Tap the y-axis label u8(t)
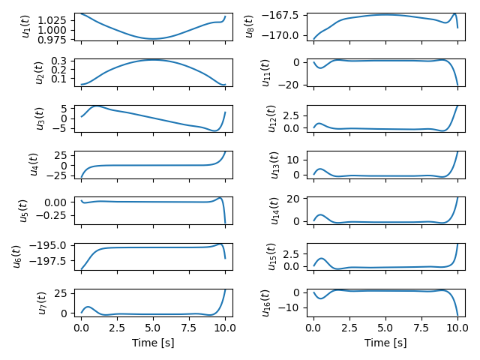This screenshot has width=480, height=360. (250, 26)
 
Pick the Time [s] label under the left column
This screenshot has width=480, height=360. (153, 343)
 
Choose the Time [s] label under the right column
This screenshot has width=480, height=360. (385, 343)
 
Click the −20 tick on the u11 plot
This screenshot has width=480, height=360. (291, 84)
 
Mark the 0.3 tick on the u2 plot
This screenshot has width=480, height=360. (62, 61)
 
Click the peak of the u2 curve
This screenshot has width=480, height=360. (153, 59)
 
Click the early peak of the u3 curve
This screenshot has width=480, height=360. (96, 106)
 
